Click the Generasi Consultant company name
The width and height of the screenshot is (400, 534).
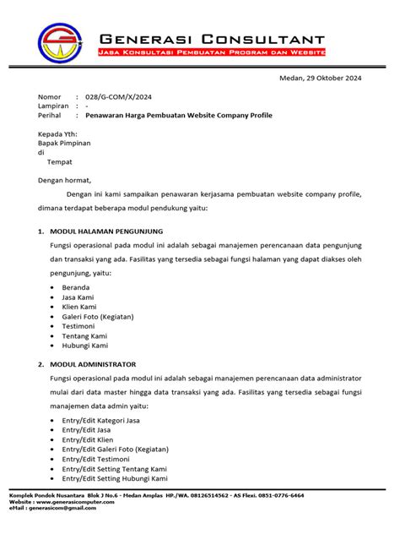[212, 38]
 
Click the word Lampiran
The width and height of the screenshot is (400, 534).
[53, 106]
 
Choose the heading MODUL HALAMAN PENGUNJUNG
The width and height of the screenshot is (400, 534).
[106, 231]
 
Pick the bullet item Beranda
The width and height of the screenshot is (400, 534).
[76, 287]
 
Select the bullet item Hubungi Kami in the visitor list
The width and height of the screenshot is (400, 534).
[85, 346]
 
